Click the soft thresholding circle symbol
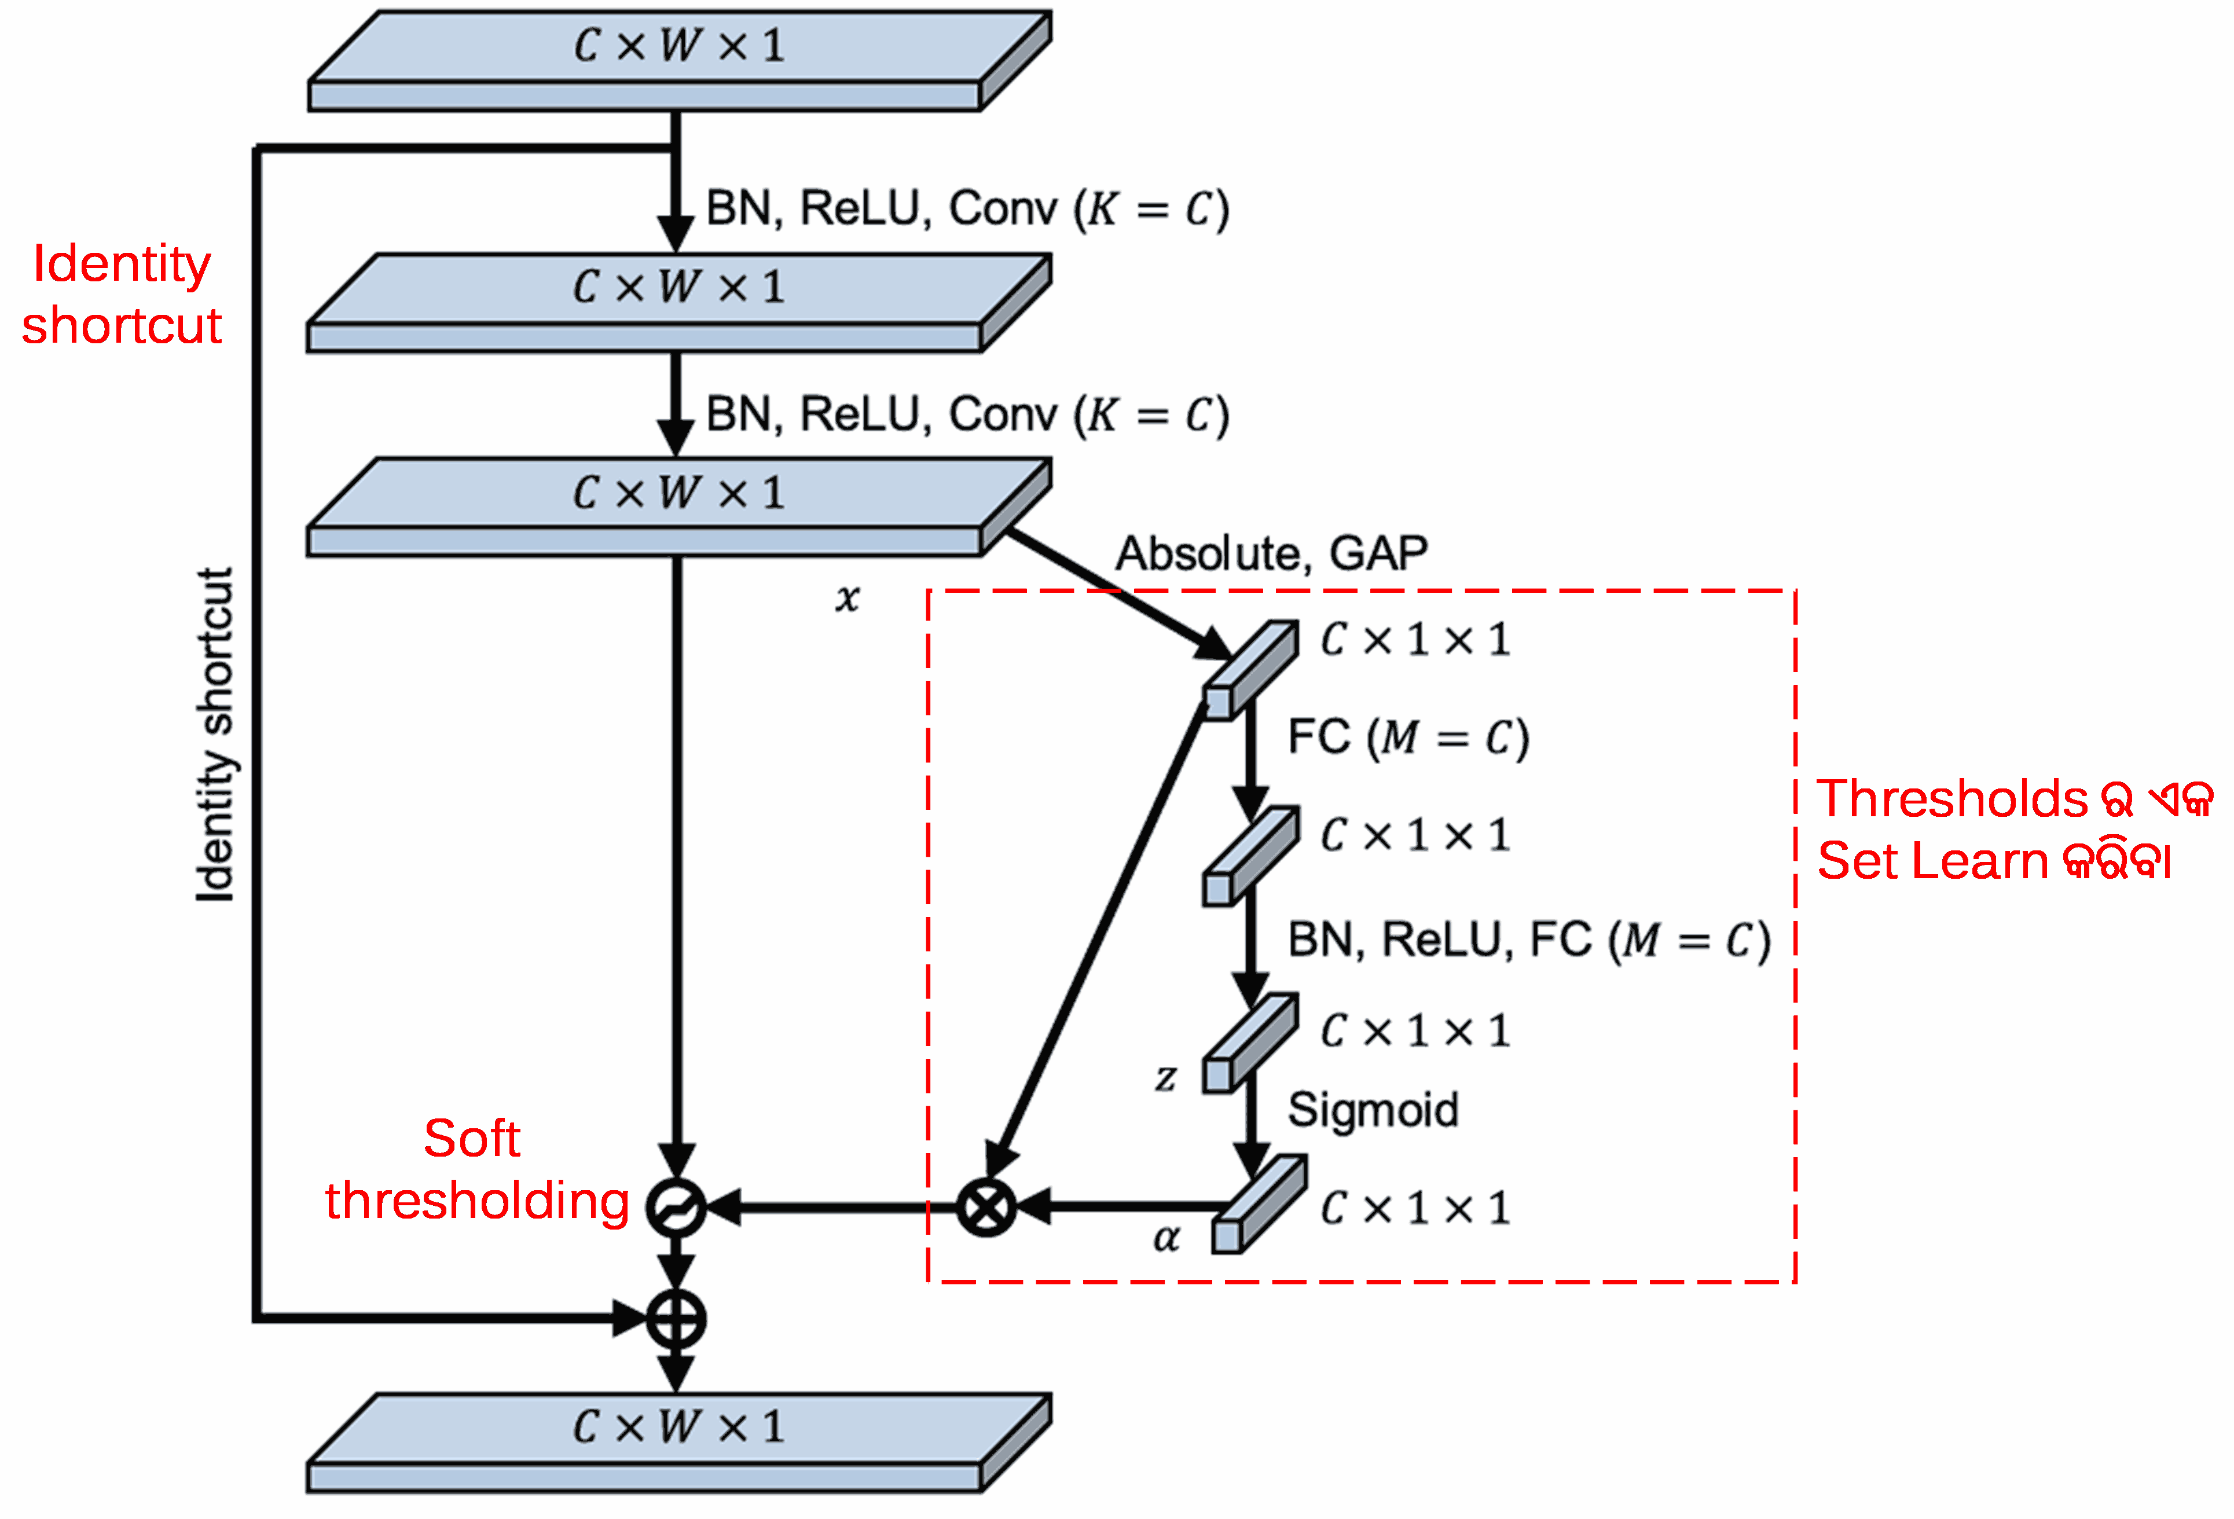click(675, 1206)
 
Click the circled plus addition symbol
click(675, 1319)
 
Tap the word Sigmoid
click(1372, 1110)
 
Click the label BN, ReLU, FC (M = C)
click(1528, 940)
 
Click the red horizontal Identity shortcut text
click(122, 294)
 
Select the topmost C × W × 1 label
click(678, 45)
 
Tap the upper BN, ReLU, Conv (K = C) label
click(967, 208)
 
